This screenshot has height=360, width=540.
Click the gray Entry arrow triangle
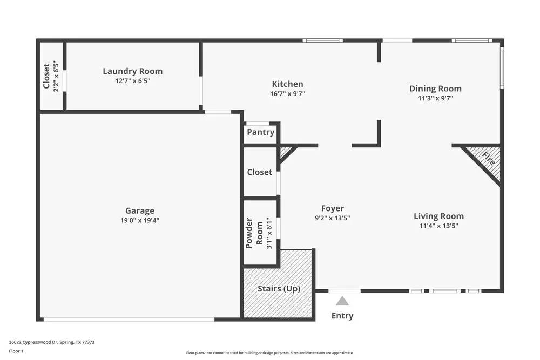click(342, 301)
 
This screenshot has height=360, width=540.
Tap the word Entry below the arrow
click(342, 316)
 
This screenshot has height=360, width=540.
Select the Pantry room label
click(261, 132)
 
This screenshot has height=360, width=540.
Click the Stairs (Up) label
click(279, 288)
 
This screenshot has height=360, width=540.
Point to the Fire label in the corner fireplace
click(489, 158)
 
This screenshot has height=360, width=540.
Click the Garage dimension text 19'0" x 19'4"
click(140, 220)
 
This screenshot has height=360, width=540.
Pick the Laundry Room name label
click(133, 71)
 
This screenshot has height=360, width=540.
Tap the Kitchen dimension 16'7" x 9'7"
click(288, 93)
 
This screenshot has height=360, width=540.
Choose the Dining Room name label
click(435, 89)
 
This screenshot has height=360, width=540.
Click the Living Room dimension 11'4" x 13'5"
click(438, 226)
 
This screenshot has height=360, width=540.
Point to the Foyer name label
click(332, 208)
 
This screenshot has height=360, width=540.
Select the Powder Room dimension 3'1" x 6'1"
click(269, 233)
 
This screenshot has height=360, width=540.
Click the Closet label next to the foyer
click(259, 172)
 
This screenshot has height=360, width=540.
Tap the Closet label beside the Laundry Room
click(46, 76)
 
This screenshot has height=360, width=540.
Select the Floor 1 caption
click(16, 351)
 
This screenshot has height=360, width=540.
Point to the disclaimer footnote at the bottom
click(269, 353)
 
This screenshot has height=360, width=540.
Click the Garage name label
click(140, 210)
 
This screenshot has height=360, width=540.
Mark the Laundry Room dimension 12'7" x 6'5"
click(133, 81)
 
